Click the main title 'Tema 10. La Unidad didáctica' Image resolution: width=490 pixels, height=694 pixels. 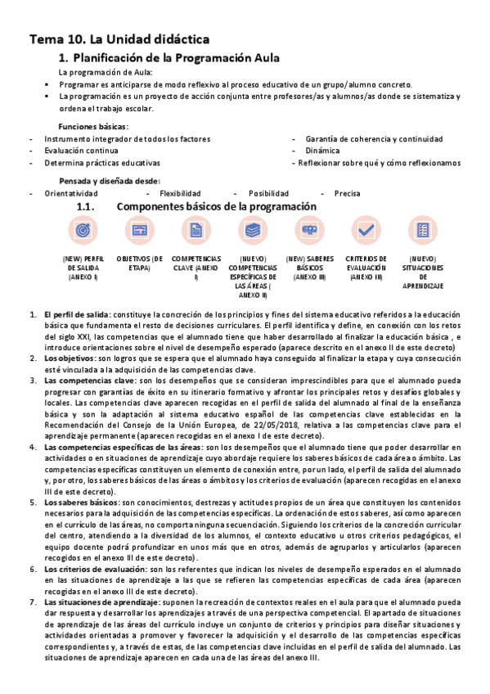coord(120,39)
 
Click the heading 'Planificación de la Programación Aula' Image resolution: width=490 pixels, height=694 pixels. coord(177,58)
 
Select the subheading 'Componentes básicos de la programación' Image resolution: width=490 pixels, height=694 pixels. coord(216,207)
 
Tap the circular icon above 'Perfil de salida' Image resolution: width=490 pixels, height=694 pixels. coord(83,232)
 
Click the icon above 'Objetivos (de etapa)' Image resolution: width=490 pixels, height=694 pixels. coord(139,232)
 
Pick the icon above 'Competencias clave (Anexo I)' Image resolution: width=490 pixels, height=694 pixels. coord(196,232)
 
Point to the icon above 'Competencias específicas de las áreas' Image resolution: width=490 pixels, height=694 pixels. coord(253,232)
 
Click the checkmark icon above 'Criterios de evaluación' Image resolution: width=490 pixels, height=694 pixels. coord(366,232)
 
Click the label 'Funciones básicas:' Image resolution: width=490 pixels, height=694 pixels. coord(92,126)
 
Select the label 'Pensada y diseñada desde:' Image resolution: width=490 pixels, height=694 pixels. coord(110,181)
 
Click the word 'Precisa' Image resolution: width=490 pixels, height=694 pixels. coord(347,194)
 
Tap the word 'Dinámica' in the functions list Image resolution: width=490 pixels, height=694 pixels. coord(322,151)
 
